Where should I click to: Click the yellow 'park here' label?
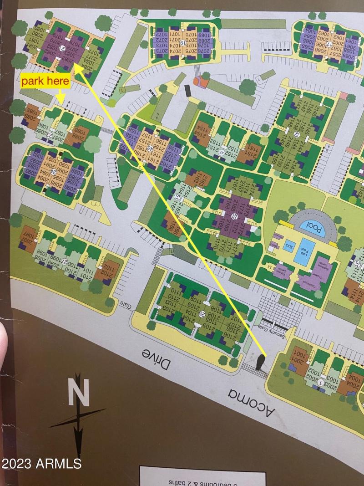(x=45, y=82)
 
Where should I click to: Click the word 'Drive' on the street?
(x=157, y=359)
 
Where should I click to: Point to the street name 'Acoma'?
(x=252, y=401)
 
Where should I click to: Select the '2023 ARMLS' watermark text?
(x=41, y=464)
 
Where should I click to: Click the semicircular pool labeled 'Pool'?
(x=316, y=226)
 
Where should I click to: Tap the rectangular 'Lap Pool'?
(x=303, y=252)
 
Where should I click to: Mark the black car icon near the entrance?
(x=261, y=362)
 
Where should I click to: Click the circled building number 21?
(x=63, y=48)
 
